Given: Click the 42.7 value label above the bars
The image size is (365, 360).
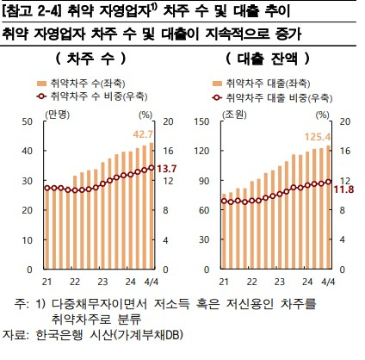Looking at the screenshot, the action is tap(143, 134).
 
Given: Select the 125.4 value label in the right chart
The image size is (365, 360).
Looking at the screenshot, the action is tap(318, 137).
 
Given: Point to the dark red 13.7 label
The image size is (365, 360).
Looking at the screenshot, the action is tap(166, 169).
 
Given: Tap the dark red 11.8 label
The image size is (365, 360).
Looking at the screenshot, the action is tap(343, 189).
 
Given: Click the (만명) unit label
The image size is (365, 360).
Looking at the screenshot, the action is tap(58, 115).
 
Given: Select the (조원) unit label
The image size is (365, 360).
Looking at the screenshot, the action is tap(234, 115).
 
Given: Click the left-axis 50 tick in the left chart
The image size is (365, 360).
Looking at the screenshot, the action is tap(28, 121).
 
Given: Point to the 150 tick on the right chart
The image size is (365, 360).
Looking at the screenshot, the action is tap(201, 121).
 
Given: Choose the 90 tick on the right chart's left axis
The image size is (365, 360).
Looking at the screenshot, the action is tap(204, 181).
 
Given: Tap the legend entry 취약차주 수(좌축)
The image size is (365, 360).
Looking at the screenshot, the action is tap(81, 84).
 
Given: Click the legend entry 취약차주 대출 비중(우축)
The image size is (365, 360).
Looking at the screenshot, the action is tap(272, 98).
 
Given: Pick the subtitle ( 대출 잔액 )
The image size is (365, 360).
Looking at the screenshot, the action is tap(268, 59).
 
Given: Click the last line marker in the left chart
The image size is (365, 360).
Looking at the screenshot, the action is tap(152, 168).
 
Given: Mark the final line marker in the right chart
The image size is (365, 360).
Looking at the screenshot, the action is tap(329, 182).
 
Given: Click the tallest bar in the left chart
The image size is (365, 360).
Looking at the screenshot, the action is tap(152, 206).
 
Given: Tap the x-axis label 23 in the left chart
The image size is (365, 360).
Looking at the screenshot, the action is tap(102, 282).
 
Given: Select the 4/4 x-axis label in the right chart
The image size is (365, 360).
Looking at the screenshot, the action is tap(328, 282).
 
